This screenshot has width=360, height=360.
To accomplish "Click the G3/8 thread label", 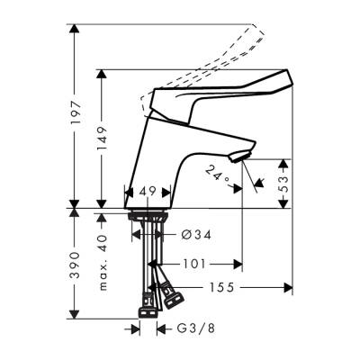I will pyautogui.click(x=189, y=329).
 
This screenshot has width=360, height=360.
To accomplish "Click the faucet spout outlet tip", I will pyautogui.click(x=238, y=160).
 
